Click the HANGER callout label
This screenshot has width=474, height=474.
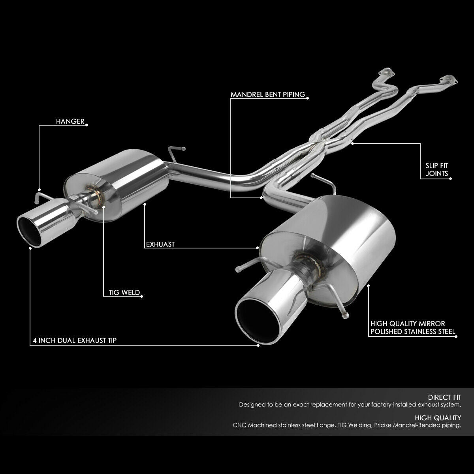point(70,122)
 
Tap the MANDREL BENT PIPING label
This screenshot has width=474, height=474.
point(267,95)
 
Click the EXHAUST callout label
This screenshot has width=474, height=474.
point(160,245)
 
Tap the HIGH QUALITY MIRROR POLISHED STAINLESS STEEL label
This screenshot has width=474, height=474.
point(412,327)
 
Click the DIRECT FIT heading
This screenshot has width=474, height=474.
point(444,397)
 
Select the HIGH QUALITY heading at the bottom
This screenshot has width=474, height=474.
point(438,418)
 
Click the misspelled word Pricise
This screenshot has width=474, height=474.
point(387,425)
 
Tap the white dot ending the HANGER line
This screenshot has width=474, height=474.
point(87,125)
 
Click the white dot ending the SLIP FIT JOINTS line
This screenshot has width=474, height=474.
point(451,178)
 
